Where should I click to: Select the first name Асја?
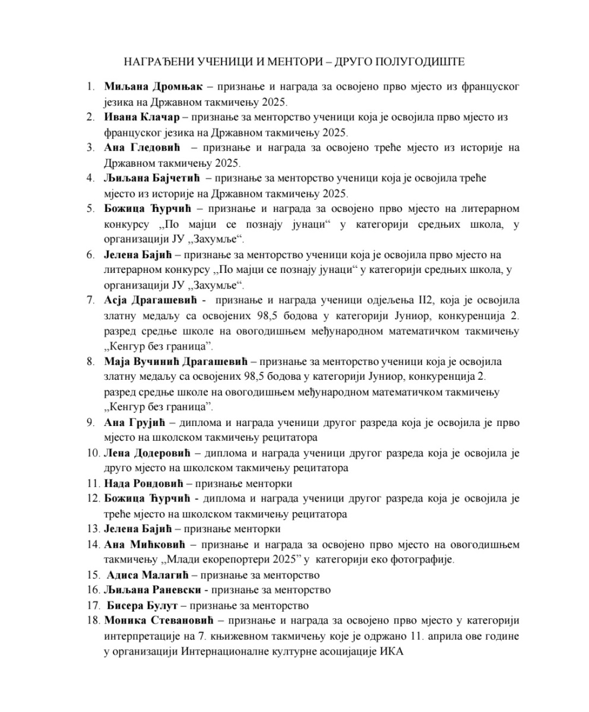click(115, 301)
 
